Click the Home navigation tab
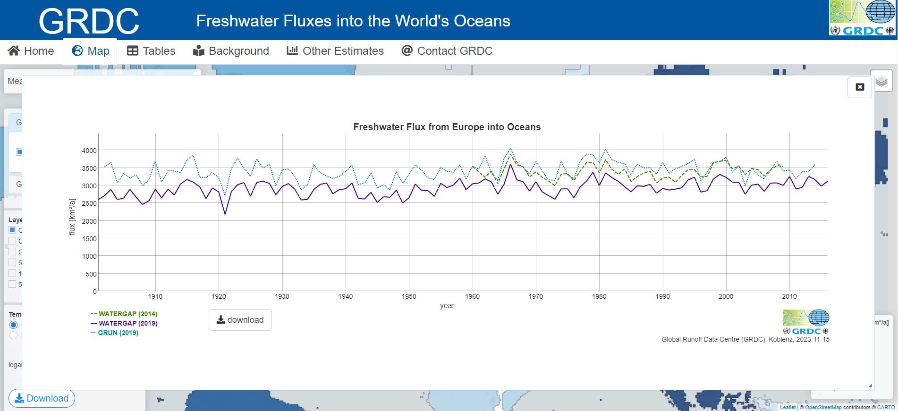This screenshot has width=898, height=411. point(31,51)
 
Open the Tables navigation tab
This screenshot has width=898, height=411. point(151,51)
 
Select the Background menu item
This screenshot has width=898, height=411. point(231,51)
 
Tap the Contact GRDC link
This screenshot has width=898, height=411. point(447,51)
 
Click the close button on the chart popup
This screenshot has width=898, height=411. point(860,87)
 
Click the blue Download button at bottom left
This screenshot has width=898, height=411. point(42,398)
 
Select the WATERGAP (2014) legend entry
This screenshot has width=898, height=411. point(124,314)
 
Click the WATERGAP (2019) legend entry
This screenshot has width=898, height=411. point(124,323)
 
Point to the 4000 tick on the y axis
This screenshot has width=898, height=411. point(89,151)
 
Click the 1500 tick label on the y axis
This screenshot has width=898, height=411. point(89,239)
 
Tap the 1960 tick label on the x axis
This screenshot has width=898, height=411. point(472,296)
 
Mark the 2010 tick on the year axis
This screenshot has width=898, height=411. point(789,296)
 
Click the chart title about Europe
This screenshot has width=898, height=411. point(447,127)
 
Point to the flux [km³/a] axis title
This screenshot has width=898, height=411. point(72,217)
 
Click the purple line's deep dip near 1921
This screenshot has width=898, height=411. point(225,214)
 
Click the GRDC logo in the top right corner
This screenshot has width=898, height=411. point(862,18)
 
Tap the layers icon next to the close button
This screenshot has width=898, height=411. point(881,82)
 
